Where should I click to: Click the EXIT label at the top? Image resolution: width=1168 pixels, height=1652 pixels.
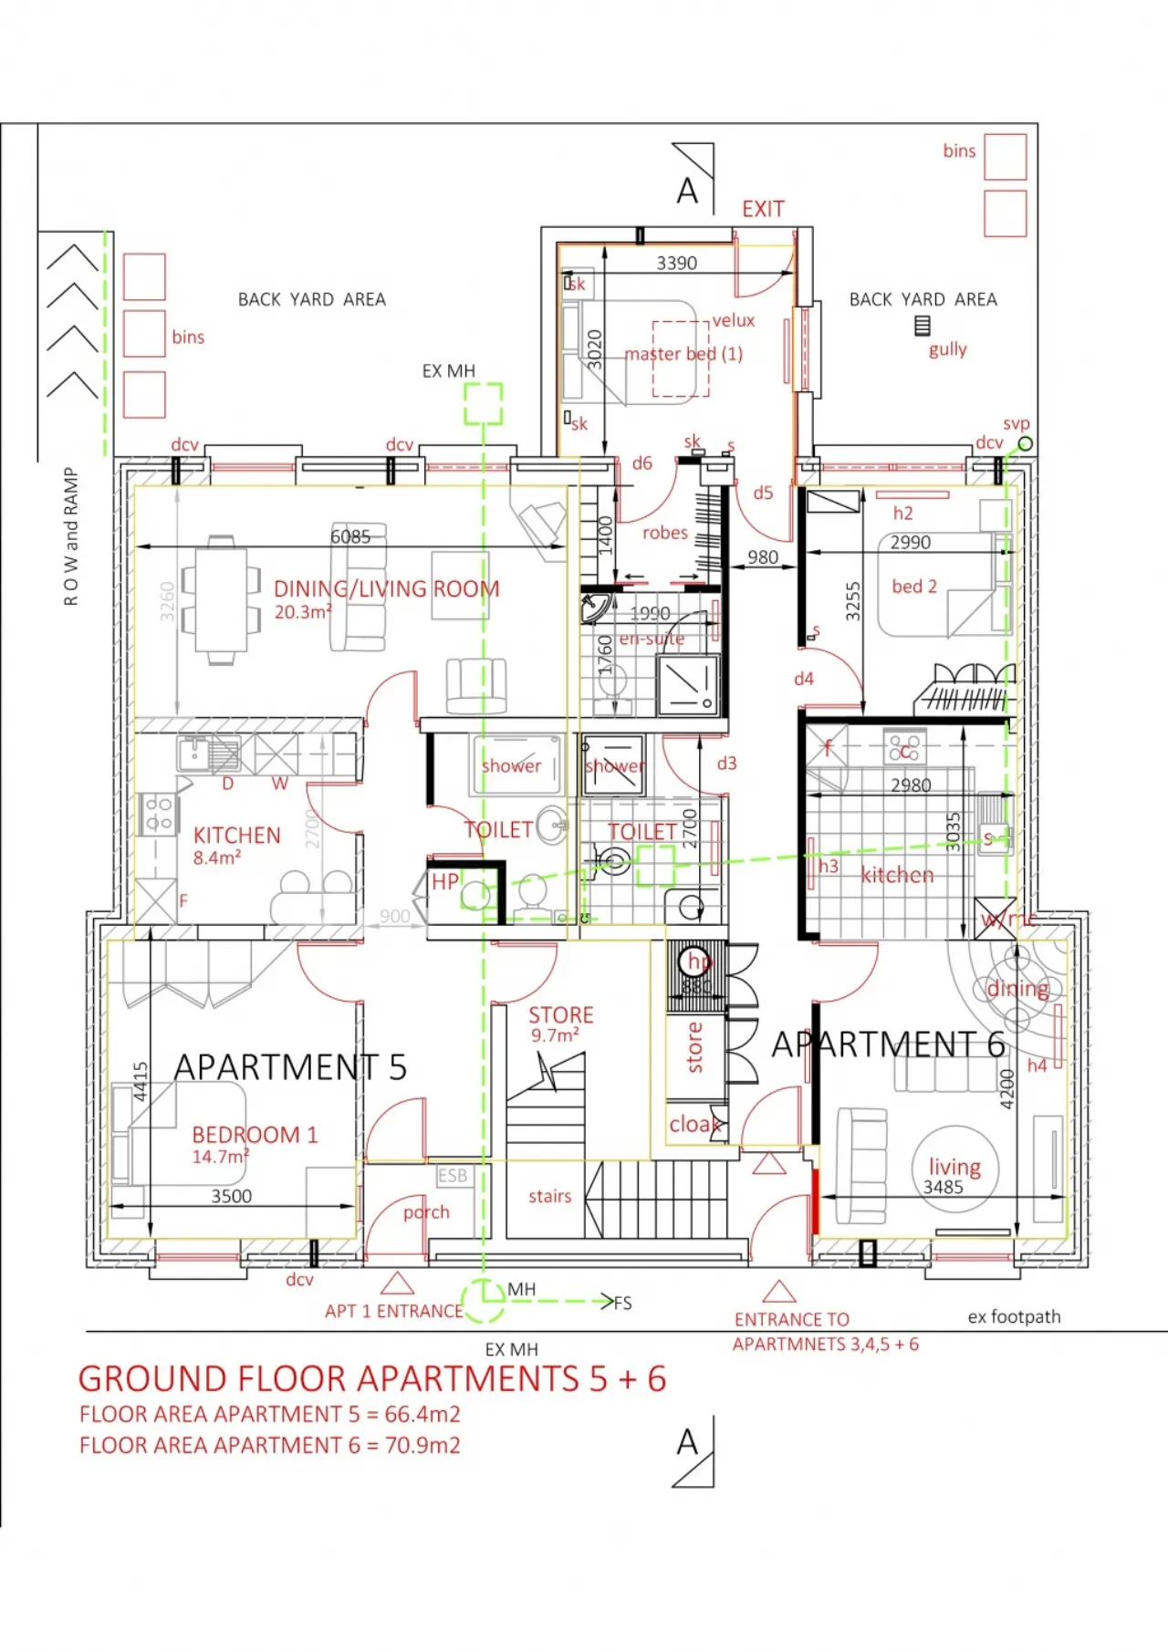[x=763, y=209]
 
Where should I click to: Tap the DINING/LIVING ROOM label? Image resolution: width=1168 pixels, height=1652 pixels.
[x=386, y=589]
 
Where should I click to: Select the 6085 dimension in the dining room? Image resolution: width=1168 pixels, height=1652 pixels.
[x=350, y=536]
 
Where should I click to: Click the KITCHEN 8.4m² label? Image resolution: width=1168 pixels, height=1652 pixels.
[x=236, y=845]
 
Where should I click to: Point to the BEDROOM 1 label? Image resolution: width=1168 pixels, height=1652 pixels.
[x=255, y=1135]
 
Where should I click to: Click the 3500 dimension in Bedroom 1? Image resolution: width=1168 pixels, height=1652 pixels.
[x=231, y=1196]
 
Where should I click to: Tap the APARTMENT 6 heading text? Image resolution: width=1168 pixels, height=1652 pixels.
[x=888, y=1044]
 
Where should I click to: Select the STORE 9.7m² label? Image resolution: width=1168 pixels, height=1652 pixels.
[x=560, y=1023]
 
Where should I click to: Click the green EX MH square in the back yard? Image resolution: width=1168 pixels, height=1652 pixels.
[x=483, y=404]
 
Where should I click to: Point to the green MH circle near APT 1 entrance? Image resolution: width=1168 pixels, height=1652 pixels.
[x=483, y=1301]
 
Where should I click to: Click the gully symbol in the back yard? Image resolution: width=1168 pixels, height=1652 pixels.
[x=923, y=326]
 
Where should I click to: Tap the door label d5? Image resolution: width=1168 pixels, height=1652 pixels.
[x=763, y=493]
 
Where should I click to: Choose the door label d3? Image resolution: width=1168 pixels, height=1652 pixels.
[x=726, y=763]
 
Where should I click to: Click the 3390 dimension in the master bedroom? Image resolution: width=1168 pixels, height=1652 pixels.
[x=676, y=263]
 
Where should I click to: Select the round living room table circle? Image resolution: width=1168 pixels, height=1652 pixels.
[x=955, y=1169]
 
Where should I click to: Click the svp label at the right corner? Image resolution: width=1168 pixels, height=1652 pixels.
[x=1016, y=423]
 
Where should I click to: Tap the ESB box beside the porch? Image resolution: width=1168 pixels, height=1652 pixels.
[x=452, y=1176]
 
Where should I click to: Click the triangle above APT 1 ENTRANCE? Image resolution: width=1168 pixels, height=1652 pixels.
[x=397, y=1283]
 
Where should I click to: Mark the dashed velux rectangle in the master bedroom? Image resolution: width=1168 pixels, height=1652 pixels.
[x=681, y=358]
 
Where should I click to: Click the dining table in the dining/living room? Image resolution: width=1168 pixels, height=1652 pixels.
[x=221, y=599]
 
